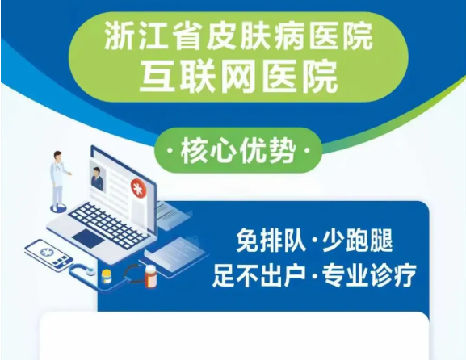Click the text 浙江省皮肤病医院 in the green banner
tap(238, 37)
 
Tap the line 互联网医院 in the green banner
tap(238, 77)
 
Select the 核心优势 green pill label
tap(238, 150)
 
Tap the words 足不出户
tap(259, 276)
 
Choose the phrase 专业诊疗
tap(369, 276)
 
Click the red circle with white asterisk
tap(137, 188)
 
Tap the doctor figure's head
tap(58, 156)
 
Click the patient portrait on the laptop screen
tap(97, 178)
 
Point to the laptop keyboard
tap(109, 223)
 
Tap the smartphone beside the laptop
tap(49, 254)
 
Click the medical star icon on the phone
tap(45, 252)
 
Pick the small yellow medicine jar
tap(107, 277)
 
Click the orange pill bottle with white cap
tap(150, 277)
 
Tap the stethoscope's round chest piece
tap(89, 270)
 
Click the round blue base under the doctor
tap(57, 208)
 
